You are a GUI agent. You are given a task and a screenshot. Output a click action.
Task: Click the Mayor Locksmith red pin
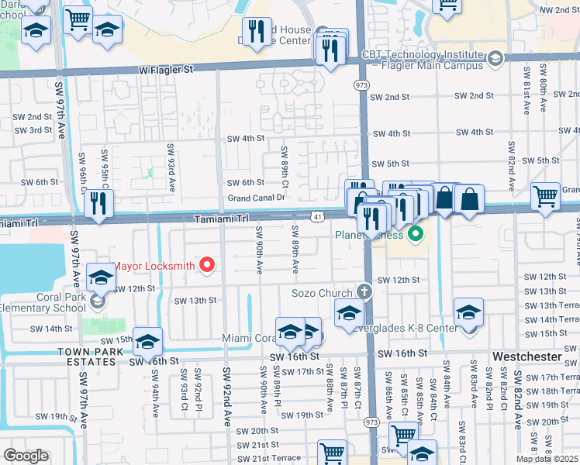click(207, 266)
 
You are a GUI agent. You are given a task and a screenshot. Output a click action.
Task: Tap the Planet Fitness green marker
click(416, 233)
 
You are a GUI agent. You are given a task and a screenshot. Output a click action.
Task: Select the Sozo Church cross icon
click(365, 293)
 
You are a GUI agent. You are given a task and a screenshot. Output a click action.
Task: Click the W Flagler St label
click(166, 70)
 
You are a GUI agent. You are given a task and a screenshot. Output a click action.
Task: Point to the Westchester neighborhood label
click(528, 356)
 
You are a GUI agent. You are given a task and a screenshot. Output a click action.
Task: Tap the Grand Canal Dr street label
click(257, 198)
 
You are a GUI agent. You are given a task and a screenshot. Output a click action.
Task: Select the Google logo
click(26, 456)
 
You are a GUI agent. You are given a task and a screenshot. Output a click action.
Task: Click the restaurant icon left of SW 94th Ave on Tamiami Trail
click(98, 203)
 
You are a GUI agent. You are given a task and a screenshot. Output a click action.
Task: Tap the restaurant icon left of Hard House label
click(257, 32)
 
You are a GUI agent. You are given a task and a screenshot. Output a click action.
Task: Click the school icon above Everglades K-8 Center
click(468, 312)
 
